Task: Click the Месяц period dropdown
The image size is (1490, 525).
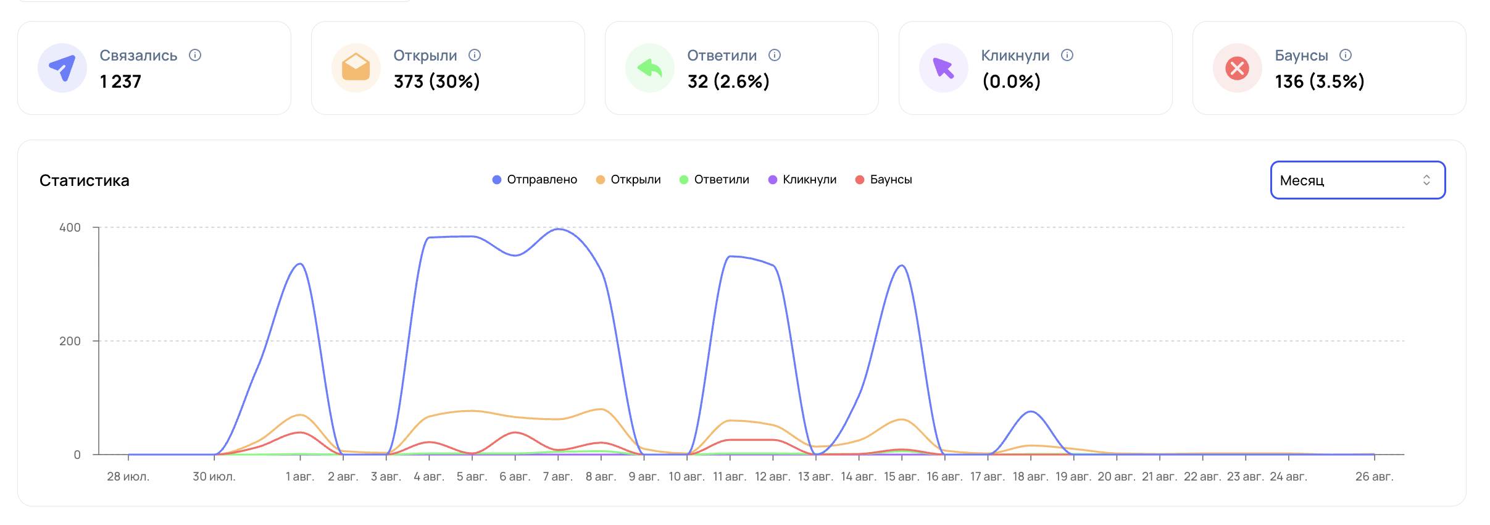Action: (1357, 180)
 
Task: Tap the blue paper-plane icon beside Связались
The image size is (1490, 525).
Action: (62, 68)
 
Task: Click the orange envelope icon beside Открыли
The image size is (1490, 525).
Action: (356, 68)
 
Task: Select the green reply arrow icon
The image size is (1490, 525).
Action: (650, 68)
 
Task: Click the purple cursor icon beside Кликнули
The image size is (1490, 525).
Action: (944, 68)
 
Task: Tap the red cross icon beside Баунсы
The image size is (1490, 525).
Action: (1238, 68)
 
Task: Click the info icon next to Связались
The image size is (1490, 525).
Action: (195, 55)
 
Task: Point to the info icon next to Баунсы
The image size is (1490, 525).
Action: (1346, 55)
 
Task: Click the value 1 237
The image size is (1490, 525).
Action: (121, 82)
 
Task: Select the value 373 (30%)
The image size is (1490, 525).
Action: (437, 82)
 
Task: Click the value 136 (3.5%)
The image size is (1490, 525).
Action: (1320, 82)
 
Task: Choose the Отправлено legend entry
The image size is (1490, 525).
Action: (535, 180)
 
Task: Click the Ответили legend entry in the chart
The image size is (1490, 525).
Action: (714, 180)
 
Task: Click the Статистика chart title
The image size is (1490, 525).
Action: (85, 180)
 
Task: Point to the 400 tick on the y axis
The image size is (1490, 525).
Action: (70, 227)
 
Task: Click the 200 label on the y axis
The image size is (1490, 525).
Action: (70, 341)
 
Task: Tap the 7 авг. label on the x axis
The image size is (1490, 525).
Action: (558, 477)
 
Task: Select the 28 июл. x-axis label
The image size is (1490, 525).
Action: (128, 477)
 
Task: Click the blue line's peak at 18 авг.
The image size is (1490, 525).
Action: (1031, 411)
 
